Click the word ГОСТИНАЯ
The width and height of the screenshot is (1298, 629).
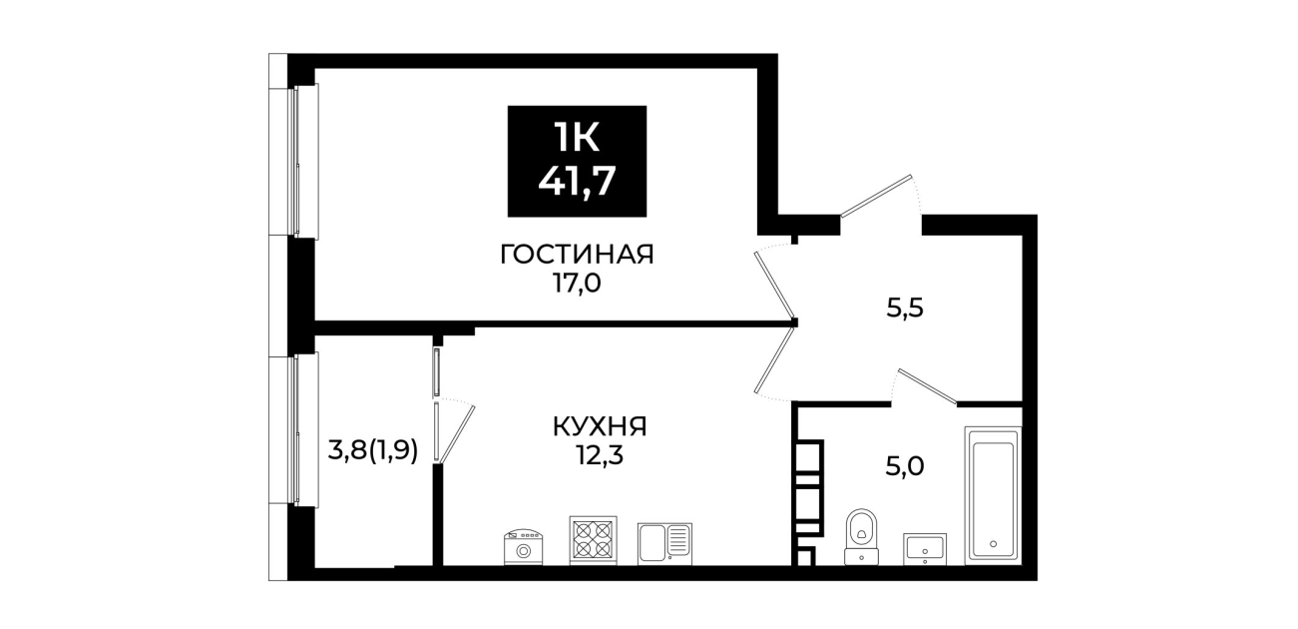pos(577,255)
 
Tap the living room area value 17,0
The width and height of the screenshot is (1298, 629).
pos(577,285)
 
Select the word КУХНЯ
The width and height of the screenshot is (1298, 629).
pos(600,427)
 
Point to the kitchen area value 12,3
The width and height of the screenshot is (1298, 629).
pos(600,456)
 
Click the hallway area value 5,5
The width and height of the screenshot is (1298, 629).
pos(905,309)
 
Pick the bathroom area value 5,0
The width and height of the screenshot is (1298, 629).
pos(905,466)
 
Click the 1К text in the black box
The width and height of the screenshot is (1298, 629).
pos(576,139)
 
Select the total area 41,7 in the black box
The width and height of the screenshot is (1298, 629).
pos(577,181)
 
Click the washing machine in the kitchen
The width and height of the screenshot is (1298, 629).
pos(523,547)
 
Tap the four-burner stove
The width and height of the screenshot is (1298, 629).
pos(593,540)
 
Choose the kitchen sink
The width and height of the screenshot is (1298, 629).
pos(664,544)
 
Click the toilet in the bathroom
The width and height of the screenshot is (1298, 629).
pos(861,536)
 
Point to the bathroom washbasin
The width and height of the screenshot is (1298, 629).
pos(924,549)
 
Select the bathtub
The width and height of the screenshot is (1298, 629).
pos(993,495)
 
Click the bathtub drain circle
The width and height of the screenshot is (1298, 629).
pos(993,544)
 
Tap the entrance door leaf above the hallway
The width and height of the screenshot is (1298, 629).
pos(876,196)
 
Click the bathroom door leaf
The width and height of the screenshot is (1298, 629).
pos(927,385)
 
